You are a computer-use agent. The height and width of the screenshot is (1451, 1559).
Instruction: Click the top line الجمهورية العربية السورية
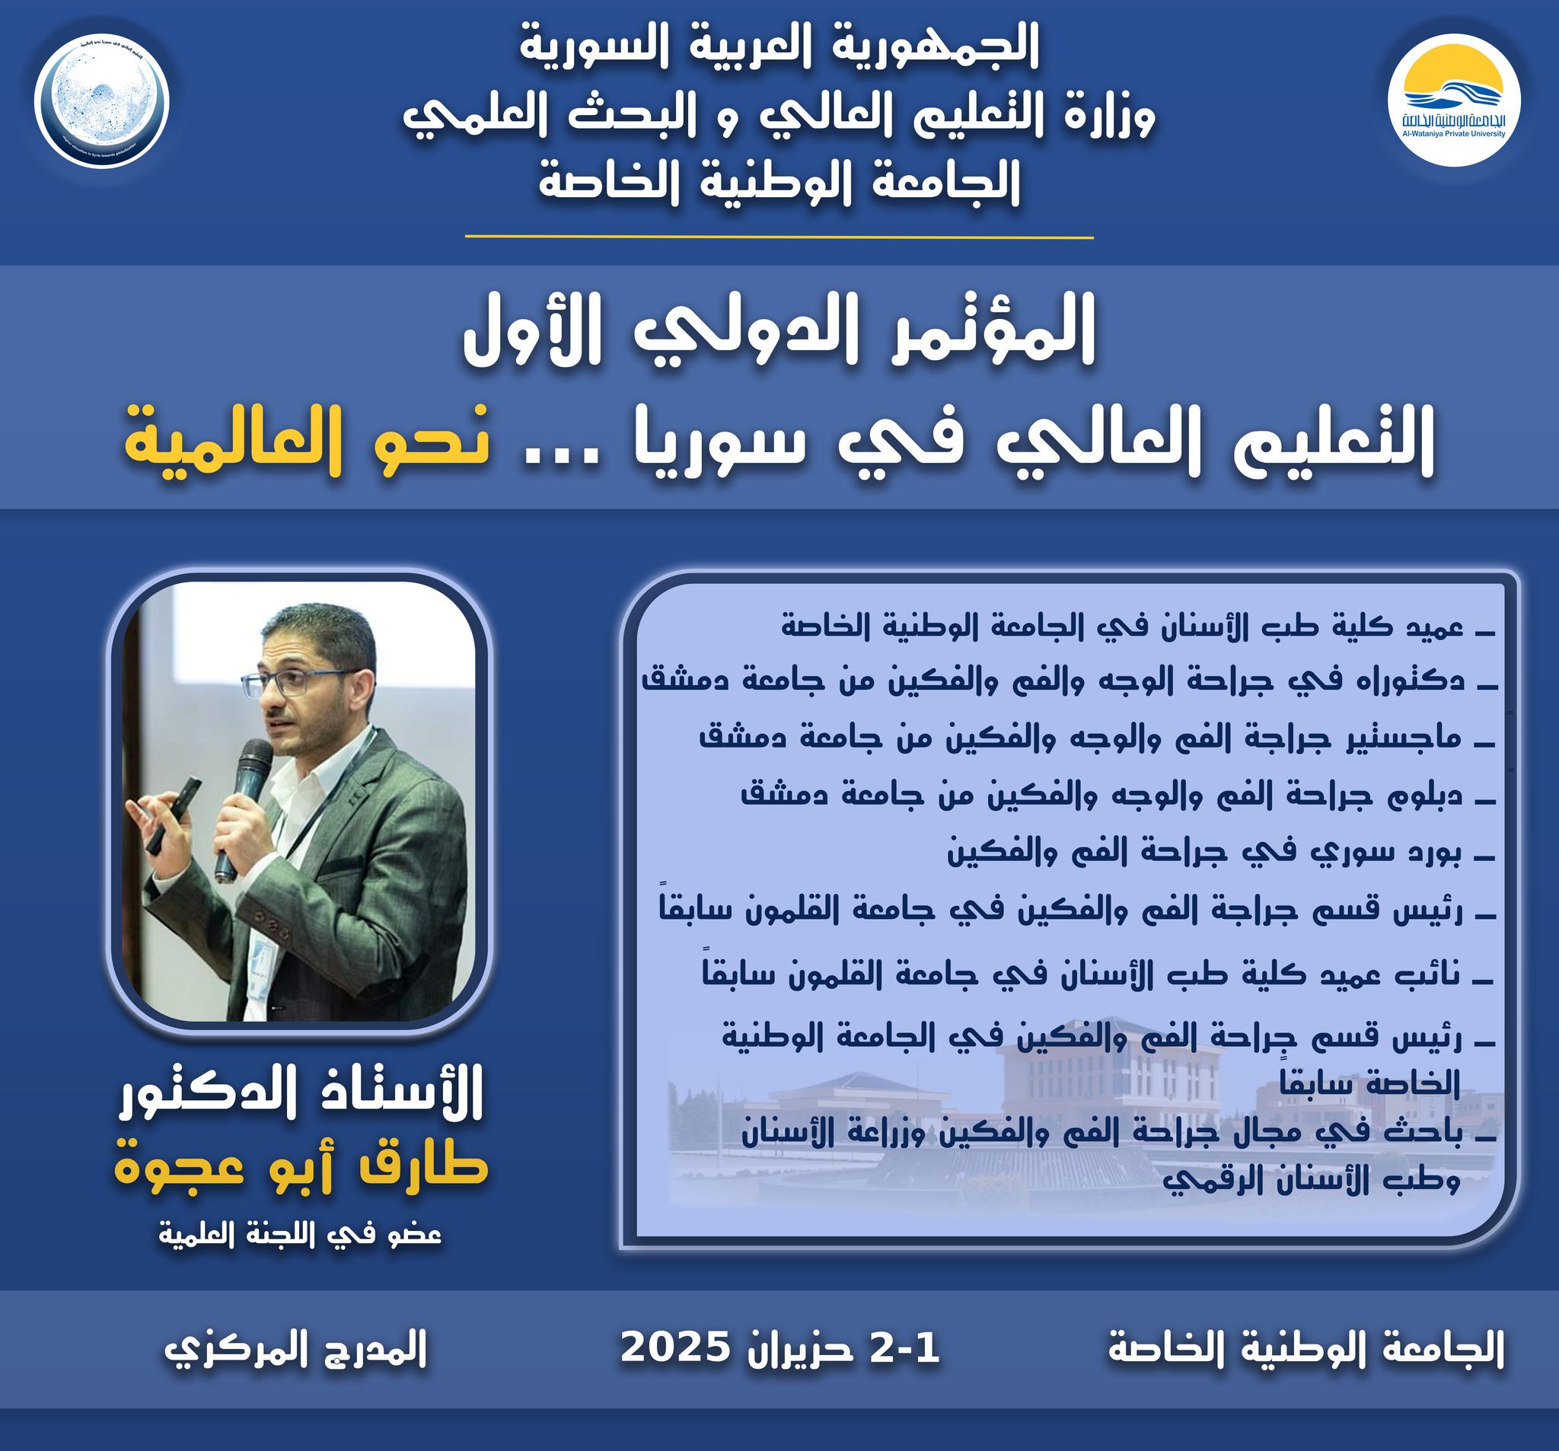click(x=779, y=47)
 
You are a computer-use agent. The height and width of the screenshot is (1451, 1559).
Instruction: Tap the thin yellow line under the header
click(x=779, y=236)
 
